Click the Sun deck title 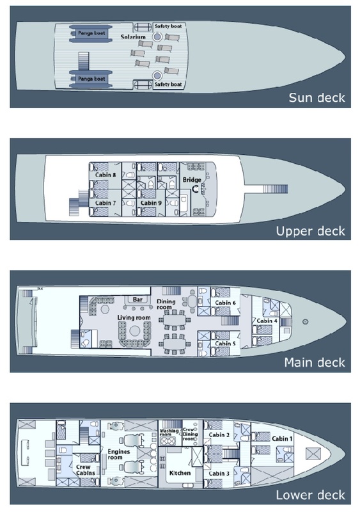click(x=317, y=98)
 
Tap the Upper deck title click(x=310, y=231)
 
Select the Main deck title click(x=315, y=362)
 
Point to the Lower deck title click(x=310, y=495)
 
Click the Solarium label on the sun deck click(x=133, y=37)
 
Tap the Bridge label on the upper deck click(x=192, y=180)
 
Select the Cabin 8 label click(x=106, y=175)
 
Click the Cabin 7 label click(x=106, y=203)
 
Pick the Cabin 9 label click(x=151, y=203)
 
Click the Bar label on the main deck click(x=137, y=300)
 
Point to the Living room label click(x=134, y=317)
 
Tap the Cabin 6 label click(x=225, y=303)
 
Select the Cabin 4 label click(x=267, y=321)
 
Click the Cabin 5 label click(x=225, y=344)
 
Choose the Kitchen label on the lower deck click(x=180, y=473)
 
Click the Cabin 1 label click(x=283, y=438)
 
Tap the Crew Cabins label click(x=86, y=470)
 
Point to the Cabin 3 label click(x=219, y=474)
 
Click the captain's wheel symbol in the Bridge click(x=196, y=189)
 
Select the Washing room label click(x=169, y=433)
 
